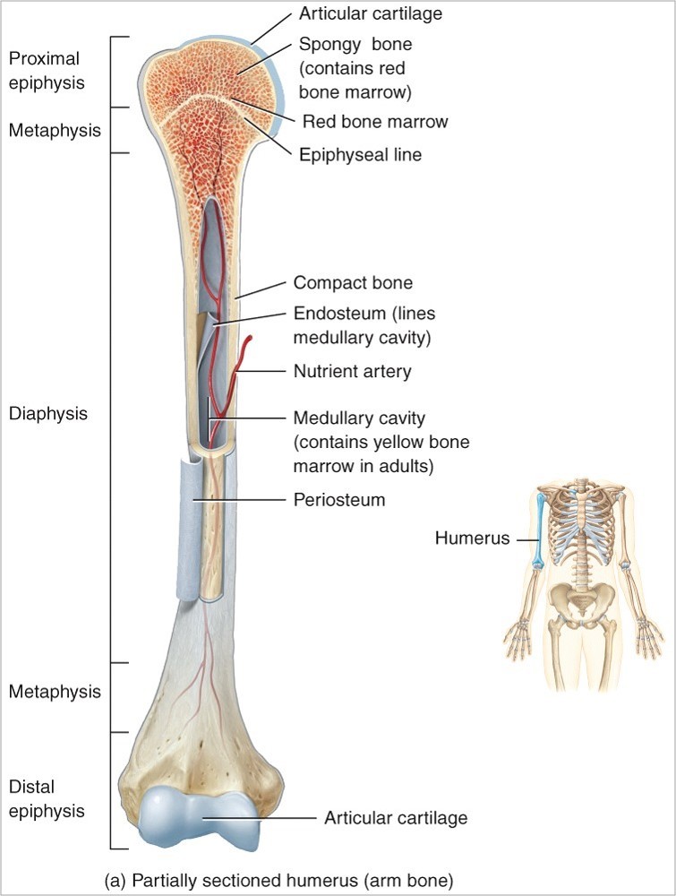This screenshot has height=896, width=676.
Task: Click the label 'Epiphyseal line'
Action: click(x=360, y=155)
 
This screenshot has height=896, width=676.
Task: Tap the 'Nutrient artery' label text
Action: click(x=353, y=370)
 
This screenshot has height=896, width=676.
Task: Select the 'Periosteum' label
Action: click(x=339, y=499)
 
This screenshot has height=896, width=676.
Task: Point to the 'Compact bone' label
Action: click(x=353, y=283)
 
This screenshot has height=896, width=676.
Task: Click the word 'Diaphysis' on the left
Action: click(x=47, y=414)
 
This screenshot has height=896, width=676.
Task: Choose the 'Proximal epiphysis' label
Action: click(x=44, y=71)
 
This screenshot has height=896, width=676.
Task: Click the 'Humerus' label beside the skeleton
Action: click(x=472, y=538)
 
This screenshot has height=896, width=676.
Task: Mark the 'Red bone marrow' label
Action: click(x=375, y=121)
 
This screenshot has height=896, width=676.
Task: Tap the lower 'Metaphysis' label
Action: click(x=55, y=692)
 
